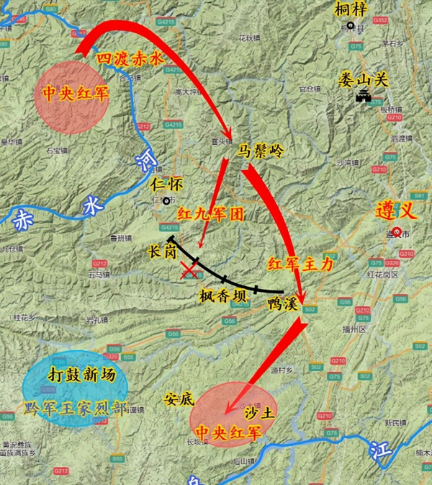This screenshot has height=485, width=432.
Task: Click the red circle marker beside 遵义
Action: tap(397, 232)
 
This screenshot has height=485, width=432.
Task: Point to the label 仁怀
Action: tap(166, 184)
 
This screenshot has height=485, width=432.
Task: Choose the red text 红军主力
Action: tap(300, 264)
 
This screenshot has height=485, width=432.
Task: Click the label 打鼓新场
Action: tap(81, 375)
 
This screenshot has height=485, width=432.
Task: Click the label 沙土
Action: tap(260, 414)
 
